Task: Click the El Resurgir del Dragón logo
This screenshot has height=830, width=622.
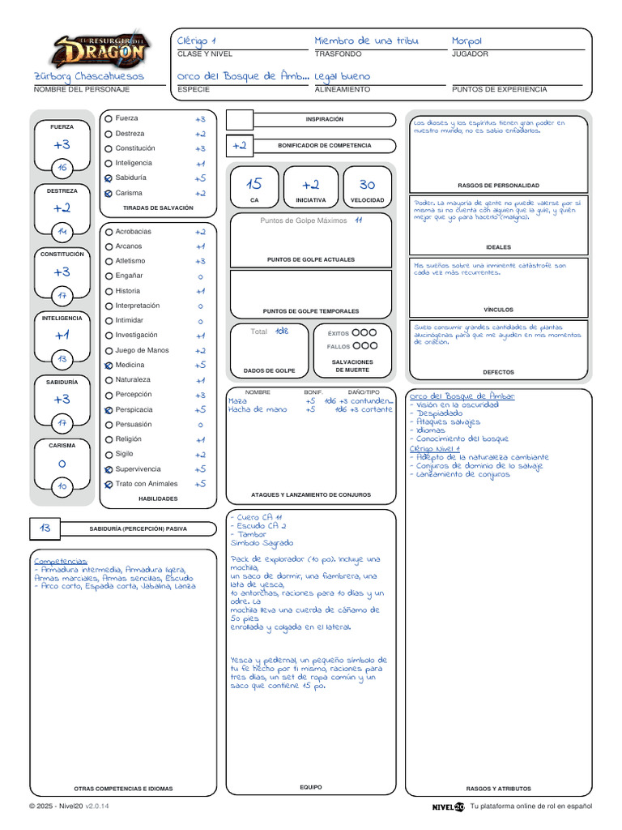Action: [100, 50]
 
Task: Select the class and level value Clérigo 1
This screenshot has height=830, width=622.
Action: [197, 41]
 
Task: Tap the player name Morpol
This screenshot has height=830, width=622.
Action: [467, 41]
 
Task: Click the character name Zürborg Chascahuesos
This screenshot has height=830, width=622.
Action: [88, 76]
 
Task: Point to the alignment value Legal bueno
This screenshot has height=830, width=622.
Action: [342, 76]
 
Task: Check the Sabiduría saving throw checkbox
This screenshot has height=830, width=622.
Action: [109, 178]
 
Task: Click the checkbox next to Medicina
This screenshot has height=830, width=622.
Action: [109, 366]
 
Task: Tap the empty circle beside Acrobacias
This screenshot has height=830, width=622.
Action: [109, 232]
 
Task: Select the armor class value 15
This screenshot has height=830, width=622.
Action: [254, 185]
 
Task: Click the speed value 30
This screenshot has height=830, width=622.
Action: [367, 185]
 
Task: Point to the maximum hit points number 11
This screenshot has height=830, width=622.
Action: [358, 220]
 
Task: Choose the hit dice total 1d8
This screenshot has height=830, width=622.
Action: [281, 332]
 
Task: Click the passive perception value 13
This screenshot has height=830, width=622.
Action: [45, 528]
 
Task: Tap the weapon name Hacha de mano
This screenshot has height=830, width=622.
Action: [258, 410]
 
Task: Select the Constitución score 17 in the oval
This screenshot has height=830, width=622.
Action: [62, 295]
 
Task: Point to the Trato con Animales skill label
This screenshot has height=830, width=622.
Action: [147, 484]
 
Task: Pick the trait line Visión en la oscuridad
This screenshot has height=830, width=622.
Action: [458, 404]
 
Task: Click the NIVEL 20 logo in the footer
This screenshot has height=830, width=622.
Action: [448, 806]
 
